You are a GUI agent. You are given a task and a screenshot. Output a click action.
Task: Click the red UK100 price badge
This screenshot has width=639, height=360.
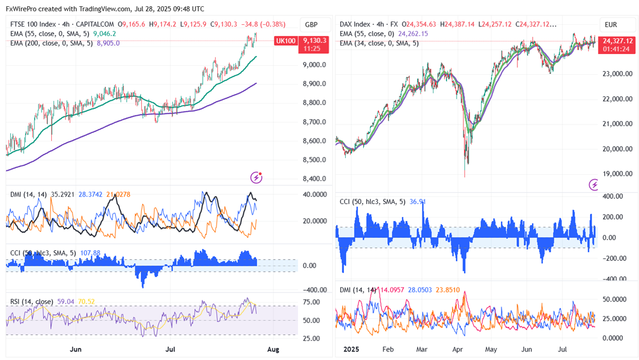285,41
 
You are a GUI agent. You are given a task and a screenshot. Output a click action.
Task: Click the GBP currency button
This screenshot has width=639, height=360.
311,25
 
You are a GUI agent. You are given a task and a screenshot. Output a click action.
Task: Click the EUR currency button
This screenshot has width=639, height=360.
611,25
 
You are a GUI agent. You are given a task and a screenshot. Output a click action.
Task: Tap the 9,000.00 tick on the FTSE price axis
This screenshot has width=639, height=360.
314,65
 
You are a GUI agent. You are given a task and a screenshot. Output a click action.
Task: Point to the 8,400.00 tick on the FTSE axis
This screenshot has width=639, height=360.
314,179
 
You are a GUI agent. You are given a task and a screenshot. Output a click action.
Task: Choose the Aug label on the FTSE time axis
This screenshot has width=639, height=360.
272,349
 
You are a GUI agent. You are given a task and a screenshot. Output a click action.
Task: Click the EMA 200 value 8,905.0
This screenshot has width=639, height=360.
109,42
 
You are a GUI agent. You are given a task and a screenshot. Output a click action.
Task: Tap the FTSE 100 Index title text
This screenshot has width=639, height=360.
33,24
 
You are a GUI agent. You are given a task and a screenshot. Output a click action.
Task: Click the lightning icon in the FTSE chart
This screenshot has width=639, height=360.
257,177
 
